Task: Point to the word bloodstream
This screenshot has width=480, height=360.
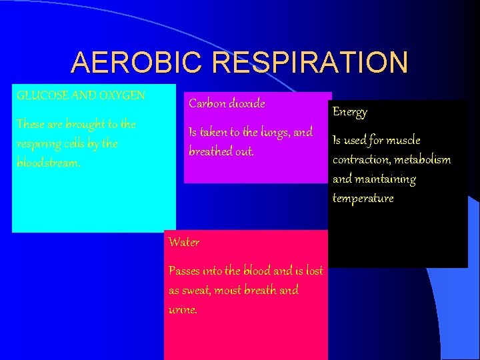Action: [x=48, y=163]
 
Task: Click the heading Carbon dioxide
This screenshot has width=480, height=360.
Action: [x=227, y=103]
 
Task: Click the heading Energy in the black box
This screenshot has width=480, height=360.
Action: [x=350, y=112]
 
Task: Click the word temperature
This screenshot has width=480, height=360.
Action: [x=363, y=199]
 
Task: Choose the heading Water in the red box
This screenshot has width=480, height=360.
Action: [x=184, y=242]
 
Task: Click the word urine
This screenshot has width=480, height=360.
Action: [x=183, y=310]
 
